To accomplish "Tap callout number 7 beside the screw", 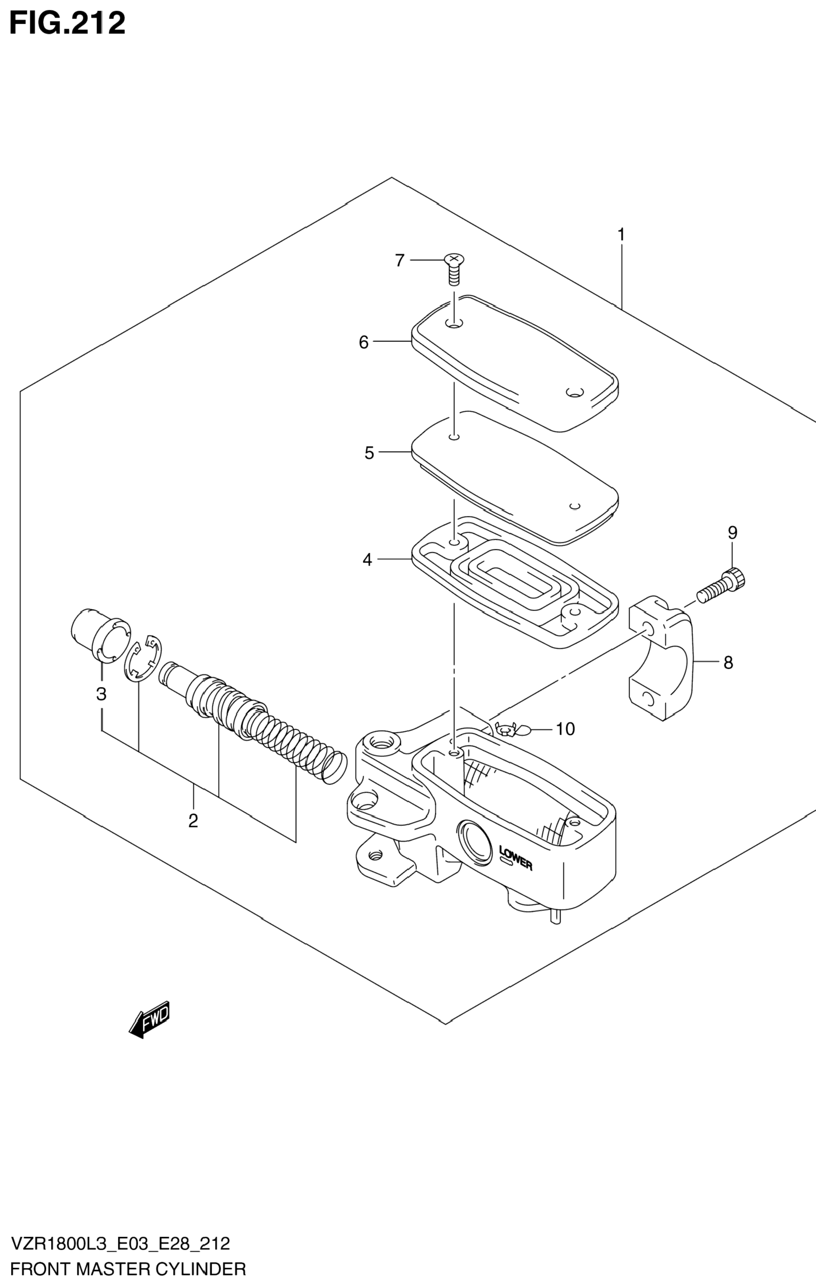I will (400, 260).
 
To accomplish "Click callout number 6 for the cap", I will (363, 343).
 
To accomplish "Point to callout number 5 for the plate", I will (369, 453).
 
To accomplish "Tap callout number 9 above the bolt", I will (733, 533).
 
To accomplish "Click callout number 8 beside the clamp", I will (728, 662).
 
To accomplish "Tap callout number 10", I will (565, 729).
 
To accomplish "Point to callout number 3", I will (101, 694).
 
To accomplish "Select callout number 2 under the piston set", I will (193, 821).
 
